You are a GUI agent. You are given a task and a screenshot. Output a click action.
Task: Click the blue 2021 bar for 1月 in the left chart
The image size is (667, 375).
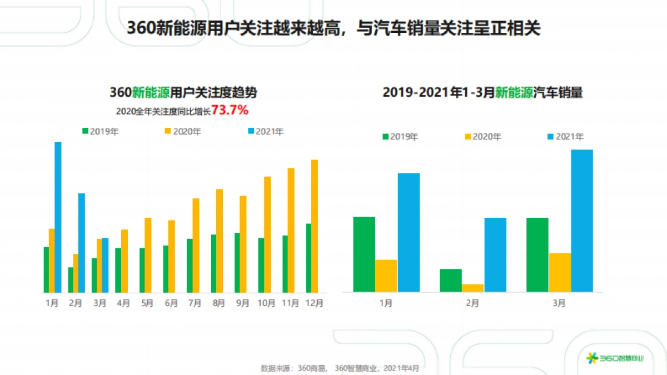pyautogui.click(x=58, y=217)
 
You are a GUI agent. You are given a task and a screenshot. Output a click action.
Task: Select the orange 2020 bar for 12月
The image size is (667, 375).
pyautogui.click(x=315, y=226)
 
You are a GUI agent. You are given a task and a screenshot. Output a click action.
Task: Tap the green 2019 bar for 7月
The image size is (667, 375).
pyautogui.click(x=190, y=266)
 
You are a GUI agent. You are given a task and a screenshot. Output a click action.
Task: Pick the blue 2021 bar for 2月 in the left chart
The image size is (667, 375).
pyautogui.click(x=82, y=242)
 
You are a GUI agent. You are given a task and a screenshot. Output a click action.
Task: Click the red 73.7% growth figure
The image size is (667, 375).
pyautogui.click(x=230, y=111)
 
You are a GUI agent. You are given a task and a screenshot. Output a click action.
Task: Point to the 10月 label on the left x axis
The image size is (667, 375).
pyautogui.click(x=267, y=303)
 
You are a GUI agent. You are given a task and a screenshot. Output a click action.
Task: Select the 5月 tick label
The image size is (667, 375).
pyautogui.click(x=147, y=303)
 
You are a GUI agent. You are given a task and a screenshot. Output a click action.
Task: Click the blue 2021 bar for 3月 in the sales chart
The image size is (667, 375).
pyautogui.click(x=581, y=221)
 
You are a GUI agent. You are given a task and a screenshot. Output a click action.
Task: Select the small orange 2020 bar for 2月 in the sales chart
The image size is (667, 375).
pyautogui.click(x=472, y=288)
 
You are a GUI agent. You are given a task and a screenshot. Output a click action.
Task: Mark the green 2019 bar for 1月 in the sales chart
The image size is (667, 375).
pyautogui.click(x=364, y=254)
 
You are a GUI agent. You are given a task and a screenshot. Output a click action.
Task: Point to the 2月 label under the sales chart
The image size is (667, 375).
pyautogui.click(x=472, y=303)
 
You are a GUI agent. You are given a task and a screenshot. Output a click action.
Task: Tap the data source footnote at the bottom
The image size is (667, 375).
pyautogui.click(x=340, y=368)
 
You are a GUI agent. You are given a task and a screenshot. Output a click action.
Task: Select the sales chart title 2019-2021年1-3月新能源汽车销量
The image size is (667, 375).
pyautogui.click(x=482, y=93)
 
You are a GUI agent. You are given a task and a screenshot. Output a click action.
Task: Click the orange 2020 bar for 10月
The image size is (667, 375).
pyautogui.click(x=267, y=234)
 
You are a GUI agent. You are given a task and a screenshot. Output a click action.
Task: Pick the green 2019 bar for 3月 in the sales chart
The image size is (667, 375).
pyautogui.click(x=537, y=254)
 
